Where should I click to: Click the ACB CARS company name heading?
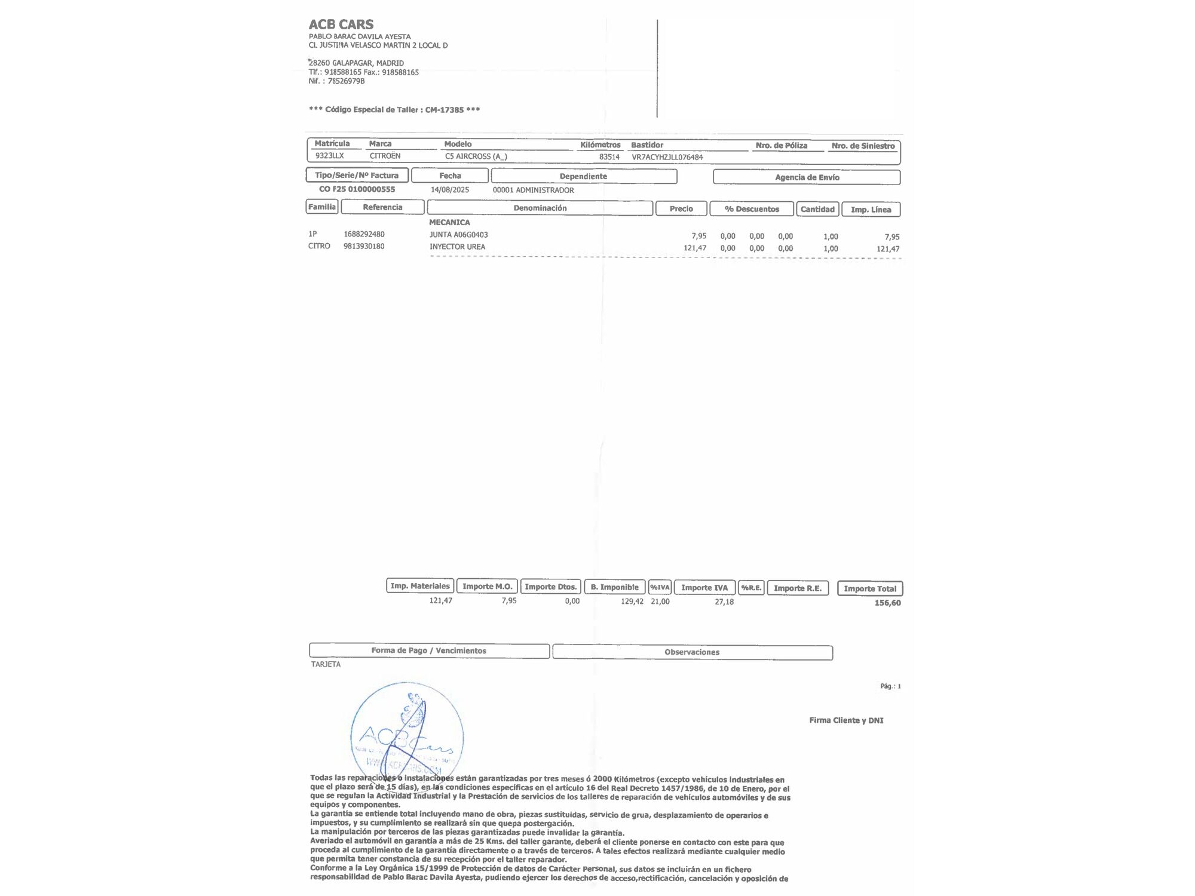coord(341,24)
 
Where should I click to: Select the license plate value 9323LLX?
coord(329,156)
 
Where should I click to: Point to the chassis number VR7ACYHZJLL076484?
coord(667,157)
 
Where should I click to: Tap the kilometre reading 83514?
coord(609,157)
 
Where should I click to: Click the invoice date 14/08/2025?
coord(449,190)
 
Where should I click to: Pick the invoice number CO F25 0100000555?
coord(357,189)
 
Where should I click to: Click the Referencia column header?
coord(382,207)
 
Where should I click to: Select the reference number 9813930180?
coord(363,246)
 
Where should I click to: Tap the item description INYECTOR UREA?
coord(457,247)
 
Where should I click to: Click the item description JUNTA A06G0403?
coord(458,235)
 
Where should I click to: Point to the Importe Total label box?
coord(869,588)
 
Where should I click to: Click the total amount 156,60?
coord(887,603)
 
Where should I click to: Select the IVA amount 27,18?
coord(724,602)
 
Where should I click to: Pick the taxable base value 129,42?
coord(632,602)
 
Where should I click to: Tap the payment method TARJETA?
coord(326,664)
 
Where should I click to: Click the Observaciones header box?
coord(692,652)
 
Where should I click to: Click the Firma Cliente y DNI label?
coord(845,720)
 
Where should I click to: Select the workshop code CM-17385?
coord(444,110)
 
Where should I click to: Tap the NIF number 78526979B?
coord(346,81)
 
